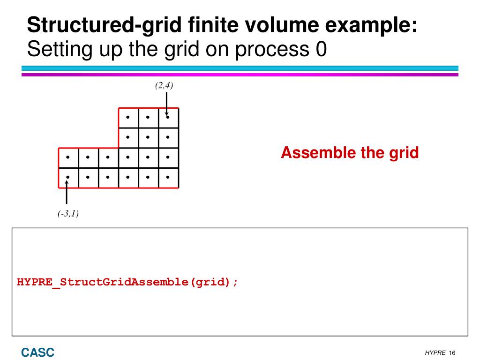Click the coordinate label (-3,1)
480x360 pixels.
tap(68, 214)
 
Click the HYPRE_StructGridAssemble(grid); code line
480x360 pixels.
tap(127, 283)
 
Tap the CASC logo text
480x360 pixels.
tap(37, 352)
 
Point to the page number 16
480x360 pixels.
tap(452, 353)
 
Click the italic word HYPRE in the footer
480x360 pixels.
tap(435, 353)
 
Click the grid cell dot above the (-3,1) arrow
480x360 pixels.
tap(68, 177)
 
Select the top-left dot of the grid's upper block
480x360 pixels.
tap(128, 117)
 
